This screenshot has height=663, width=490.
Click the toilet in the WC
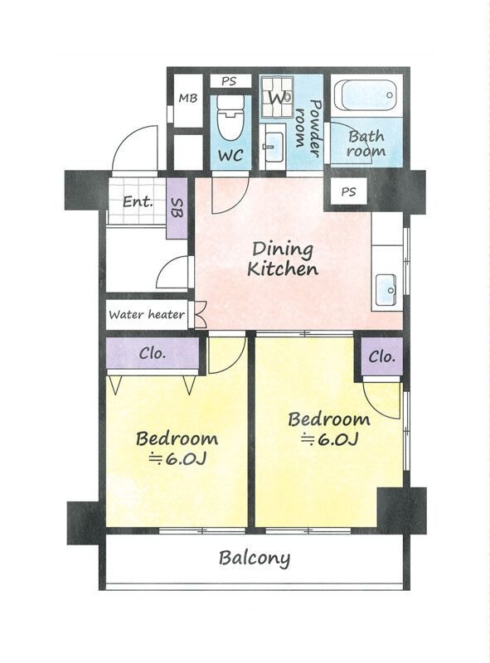[x=230, y=117]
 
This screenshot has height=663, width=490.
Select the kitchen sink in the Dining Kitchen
[x=386, y=289]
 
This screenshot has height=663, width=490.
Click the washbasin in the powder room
[x=273, y=147]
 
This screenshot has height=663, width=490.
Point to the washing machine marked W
[x=276, y=97]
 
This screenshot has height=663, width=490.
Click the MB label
[x=188, y=99]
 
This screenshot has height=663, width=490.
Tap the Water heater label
[x=147, y=315]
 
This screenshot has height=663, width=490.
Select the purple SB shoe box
[x=177, y=209]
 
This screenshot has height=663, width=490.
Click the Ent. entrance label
[x=137, y=201]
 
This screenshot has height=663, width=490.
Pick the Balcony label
[x=255, y=558]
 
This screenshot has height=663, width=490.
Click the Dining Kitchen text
[x=282, y=259]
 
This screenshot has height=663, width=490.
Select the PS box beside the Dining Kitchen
[x=348, y=192]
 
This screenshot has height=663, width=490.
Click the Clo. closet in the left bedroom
[x=153, y=353]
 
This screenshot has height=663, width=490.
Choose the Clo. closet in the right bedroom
[x=381, y=356]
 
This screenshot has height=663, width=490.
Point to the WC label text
[x=230, y=155]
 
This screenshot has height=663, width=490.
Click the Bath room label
[x=366, y=143]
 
